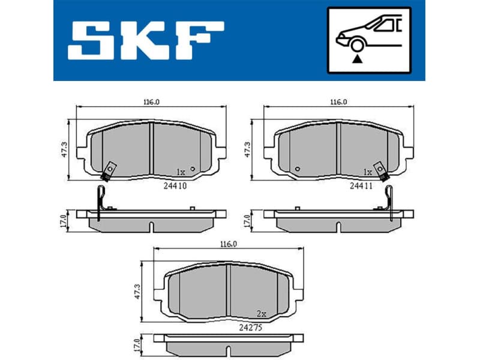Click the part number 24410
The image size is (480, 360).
coord(176,186)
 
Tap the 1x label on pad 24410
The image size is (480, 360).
coord(182,171)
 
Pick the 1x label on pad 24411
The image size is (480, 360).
coord(368,172)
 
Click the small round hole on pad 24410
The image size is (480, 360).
coord(192,169)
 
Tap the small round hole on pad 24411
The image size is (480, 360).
coord(298,169)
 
